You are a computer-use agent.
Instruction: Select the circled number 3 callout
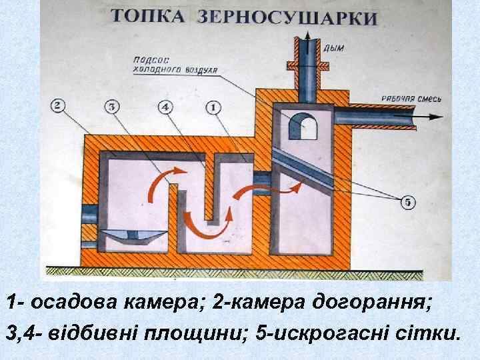[113, 107]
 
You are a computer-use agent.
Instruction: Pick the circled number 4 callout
[166, 107]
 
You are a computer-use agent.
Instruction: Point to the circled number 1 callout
[213, 107]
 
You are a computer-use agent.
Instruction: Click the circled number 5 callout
[407, 201]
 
